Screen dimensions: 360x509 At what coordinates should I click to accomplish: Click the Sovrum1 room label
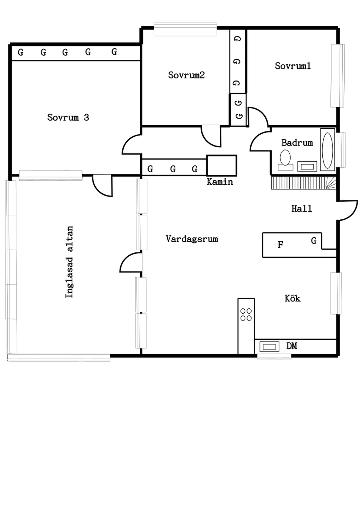292,66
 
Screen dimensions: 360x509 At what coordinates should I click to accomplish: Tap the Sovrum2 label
186,75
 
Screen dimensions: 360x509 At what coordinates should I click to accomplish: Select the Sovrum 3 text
68,117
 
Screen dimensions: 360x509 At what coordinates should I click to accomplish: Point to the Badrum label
297,143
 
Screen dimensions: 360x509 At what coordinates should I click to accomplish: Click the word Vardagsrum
192,239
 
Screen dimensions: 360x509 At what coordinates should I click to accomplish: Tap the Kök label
292,298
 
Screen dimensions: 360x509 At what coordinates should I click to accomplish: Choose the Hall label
302,208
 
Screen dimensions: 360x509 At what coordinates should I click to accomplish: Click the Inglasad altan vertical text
69,262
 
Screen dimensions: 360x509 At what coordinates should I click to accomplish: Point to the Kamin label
220,182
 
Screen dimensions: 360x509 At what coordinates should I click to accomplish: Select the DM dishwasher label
291,346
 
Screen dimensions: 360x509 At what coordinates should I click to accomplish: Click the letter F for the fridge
281,245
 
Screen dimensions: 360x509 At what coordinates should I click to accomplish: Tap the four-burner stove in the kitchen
246,315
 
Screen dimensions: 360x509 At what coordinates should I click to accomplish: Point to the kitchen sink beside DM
269,347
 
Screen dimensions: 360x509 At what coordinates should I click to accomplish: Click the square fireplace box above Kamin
222,166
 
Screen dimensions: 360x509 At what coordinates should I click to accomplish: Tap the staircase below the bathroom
304,183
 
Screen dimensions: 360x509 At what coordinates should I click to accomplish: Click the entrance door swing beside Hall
347,211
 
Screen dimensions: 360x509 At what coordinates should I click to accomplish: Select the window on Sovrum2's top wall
186,29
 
